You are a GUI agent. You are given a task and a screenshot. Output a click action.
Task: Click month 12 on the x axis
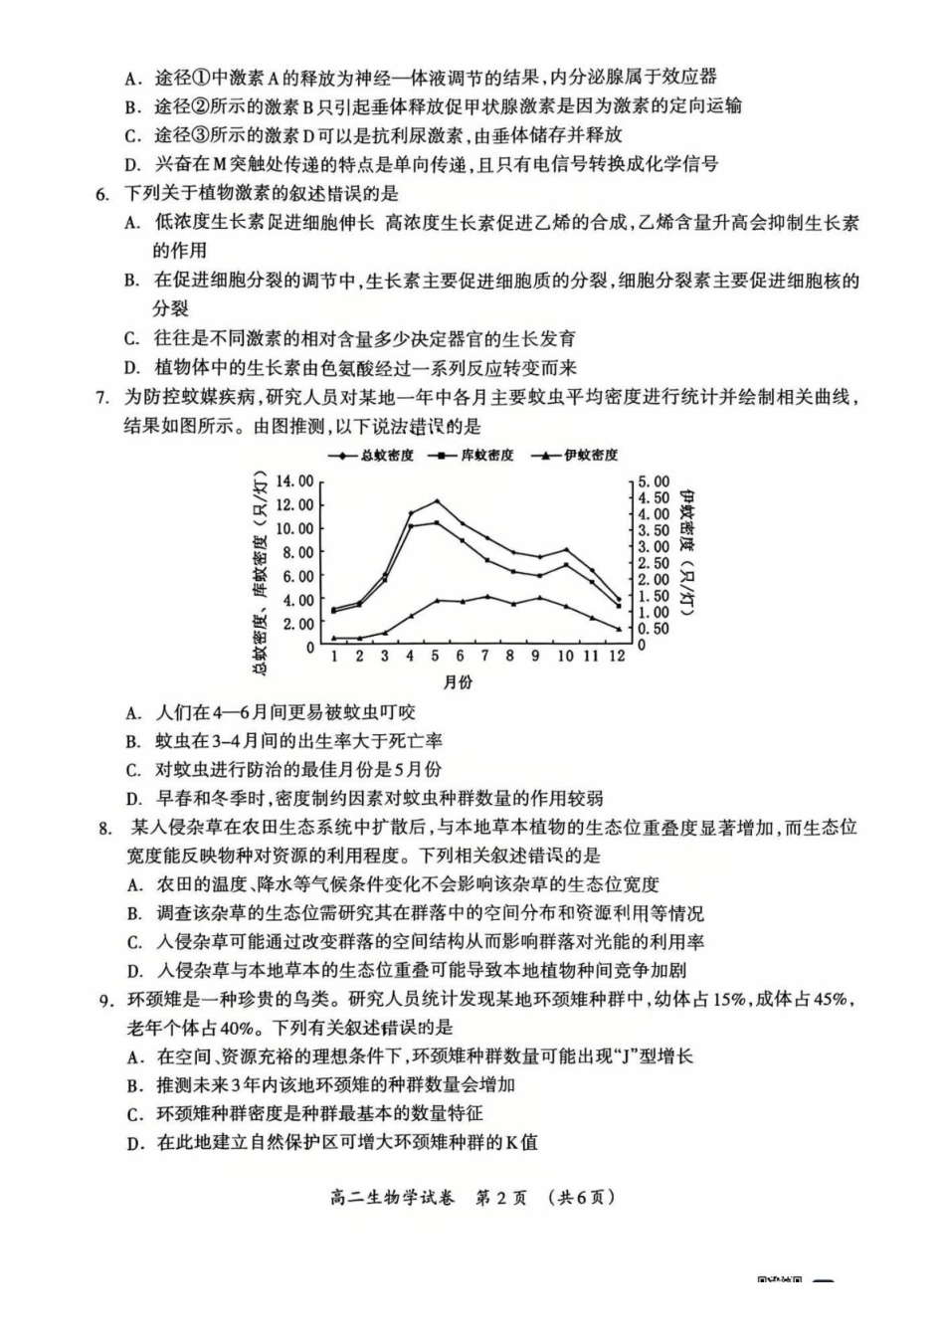tap(617, 657)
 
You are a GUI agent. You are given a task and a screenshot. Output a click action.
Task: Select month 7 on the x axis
tap(485, 657)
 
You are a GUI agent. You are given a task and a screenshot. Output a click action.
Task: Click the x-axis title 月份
tap(459, 682)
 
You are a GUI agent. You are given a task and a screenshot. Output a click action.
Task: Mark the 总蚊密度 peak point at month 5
tap(436, 501)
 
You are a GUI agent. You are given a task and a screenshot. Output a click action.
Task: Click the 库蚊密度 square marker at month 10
tap(567, 565)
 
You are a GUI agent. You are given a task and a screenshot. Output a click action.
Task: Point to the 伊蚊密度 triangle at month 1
tap(334, 638)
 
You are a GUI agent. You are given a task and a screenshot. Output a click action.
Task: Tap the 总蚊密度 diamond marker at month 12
tap(619, 600)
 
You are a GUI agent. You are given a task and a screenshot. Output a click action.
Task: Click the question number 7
tap(101, 398)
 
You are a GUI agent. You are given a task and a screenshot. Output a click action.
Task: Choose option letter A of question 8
tap(134, 884)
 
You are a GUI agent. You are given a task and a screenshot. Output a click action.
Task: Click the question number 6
tap(101, 194)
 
